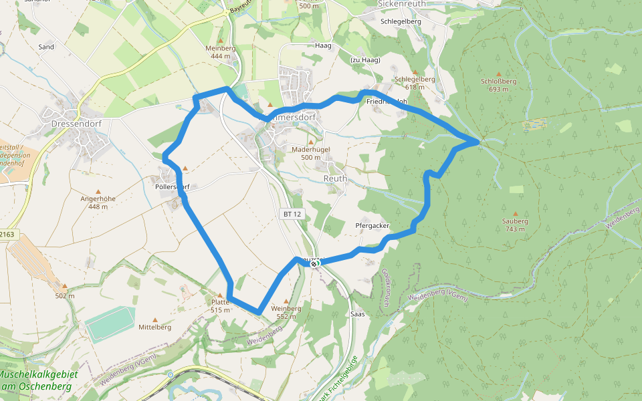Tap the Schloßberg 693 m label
tap(498, 85)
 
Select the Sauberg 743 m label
tap(514, 225)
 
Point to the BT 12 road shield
tap(292, 214)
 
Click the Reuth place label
tap(335, 178)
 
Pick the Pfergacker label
tap(372, 226)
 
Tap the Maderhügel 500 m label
tap(311, 153)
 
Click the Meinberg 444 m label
tap(221, 52)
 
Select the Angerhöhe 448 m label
tap(98, 203)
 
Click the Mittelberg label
tap(155, 327)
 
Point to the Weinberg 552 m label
tap(286, 312)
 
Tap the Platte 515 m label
tap(220, 305)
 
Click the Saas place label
tap(357, 313)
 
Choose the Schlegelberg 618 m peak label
tap(415, 83)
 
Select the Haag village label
tap(323, 45)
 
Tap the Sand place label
tap(46, 47)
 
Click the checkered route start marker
tap(314, 263)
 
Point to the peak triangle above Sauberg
tap(515, 190)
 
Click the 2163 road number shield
tap(7, 235)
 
